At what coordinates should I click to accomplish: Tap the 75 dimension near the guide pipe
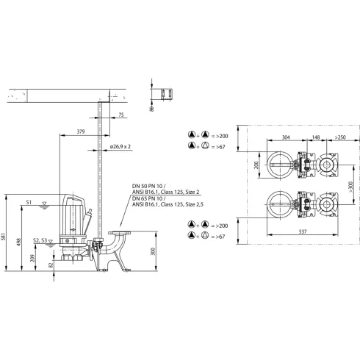click(120, 115)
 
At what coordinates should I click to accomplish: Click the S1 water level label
click(29, 201)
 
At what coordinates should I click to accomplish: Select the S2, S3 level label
click(42, 240)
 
